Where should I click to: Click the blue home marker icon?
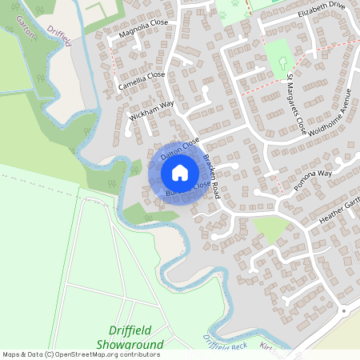(180, 172)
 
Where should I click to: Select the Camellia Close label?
(141, 80)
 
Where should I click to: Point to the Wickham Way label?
(151, 109)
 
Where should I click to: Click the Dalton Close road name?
(179, 149)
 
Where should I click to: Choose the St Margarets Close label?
(296, 103)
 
